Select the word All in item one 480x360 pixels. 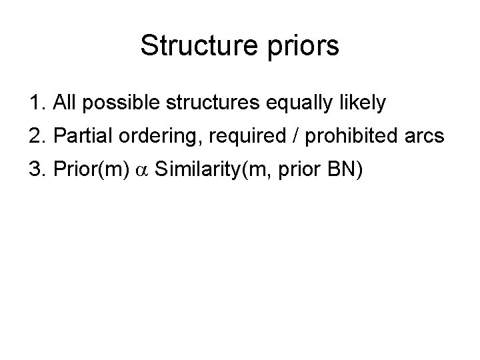[66, 103]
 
